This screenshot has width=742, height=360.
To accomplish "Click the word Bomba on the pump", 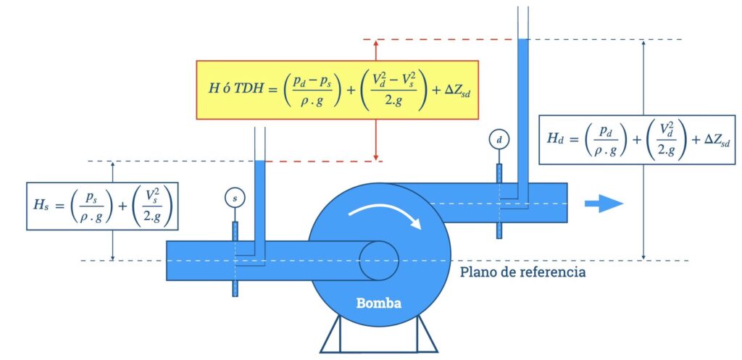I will pos(379,302).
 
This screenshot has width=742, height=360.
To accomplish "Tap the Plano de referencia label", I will pos(522,273).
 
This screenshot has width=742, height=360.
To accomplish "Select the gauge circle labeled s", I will pos(233,197).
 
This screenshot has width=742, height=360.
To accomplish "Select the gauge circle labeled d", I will pos(498,138).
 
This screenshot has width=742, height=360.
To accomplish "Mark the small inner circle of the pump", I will pos(378,259).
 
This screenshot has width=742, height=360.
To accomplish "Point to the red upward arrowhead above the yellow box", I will pos(375,44).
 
